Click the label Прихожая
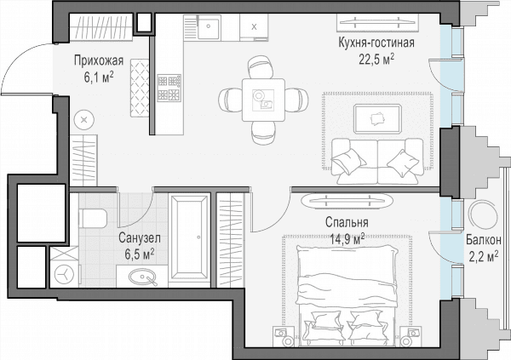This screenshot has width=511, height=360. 99,61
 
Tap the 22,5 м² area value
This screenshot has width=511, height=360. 376,60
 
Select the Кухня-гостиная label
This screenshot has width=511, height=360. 376,43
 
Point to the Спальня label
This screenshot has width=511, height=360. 347,222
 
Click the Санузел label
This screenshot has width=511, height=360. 140,237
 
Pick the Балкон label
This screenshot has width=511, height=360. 483,240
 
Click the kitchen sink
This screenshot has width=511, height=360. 209,27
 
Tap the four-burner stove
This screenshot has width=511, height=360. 169,88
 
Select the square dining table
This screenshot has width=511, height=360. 263,100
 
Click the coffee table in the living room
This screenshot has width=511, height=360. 377,119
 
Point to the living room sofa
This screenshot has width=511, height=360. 377,161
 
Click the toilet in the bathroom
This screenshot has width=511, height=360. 93,219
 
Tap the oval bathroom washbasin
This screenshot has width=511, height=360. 142,277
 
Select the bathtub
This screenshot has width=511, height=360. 189,237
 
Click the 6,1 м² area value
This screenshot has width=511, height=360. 99,77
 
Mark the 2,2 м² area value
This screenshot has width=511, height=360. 483,256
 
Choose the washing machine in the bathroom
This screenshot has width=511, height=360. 64,274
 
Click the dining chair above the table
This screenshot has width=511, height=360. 260,66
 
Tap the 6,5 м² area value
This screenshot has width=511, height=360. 140,254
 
